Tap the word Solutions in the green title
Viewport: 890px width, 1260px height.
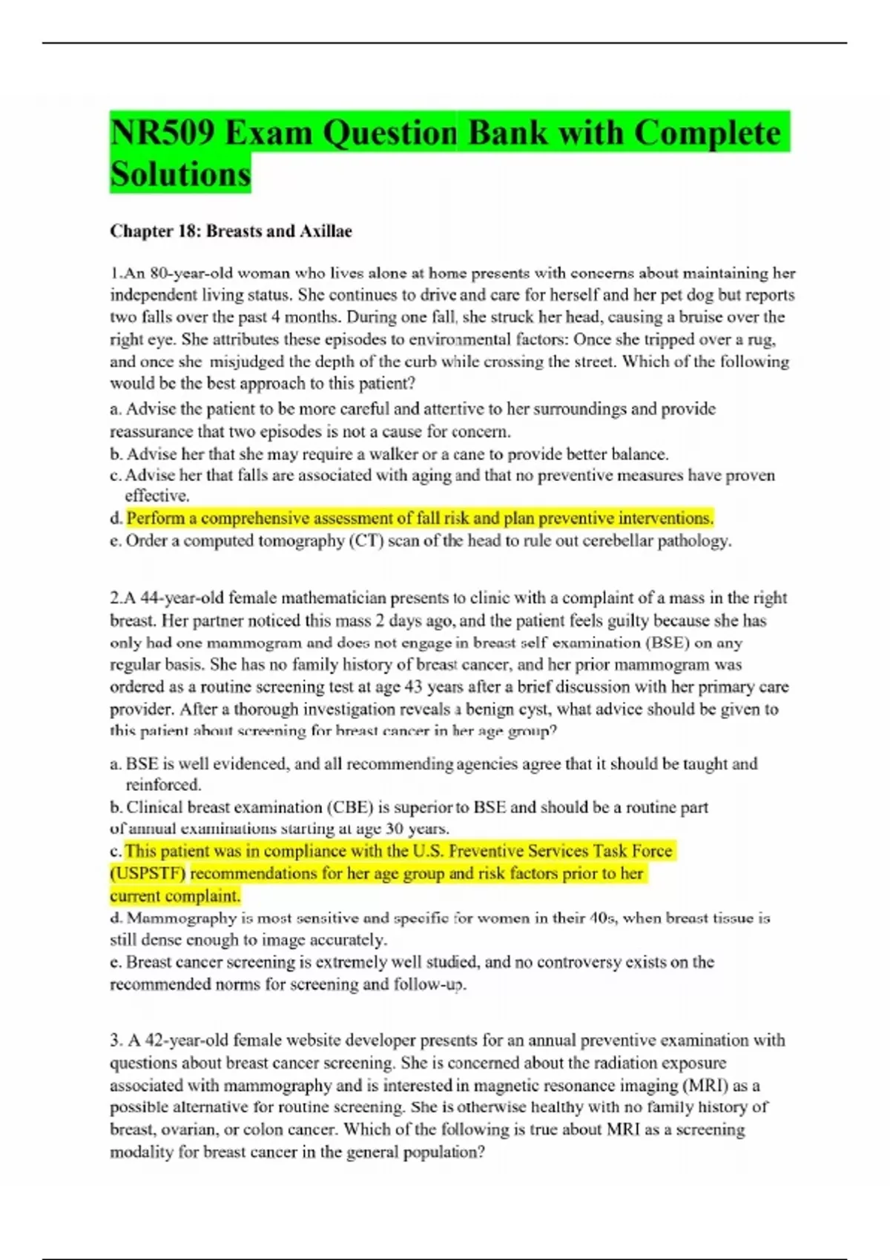click(x=180, y=175)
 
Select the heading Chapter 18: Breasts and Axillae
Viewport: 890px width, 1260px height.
click(x=231, y=231)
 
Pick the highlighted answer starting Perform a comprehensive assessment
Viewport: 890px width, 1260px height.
click(x=420, y=518)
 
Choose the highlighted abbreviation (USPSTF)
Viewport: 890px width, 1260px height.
click(x=148, y=873)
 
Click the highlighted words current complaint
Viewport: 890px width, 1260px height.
click(x=175, y=895)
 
